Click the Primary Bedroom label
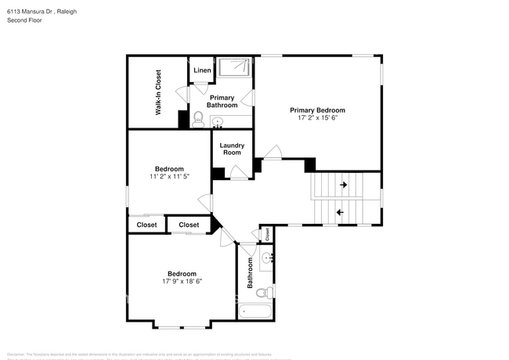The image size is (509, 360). [317, 110]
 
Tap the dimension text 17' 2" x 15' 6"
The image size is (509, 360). [317, 118]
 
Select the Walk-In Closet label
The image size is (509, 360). [158, 92]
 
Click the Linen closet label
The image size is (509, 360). [201, 70]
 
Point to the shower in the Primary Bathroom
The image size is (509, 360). [235, 67]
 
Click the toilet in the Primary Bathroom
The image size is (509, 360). [198, 120]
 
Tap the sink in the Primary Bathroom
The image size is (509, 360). [218, 121]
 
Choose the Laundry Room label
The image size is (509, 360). [231, 149]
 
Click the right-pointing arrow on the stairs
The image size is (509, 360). [344, 185]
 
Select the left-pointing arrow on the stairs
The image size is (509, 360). [340, 212]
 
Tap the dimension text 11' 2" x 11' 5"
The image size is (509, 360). [169, 177]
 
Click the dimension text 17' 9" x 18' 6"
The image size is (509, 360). [182, 281]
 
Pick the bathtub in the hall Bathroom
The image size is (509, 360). [255, 312]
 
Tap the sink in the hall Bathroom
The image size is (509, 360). [266, 257]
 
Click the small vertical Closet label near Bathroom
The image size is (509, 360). [267, 233]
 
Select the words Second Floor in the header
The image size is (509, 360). [26, 20]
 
